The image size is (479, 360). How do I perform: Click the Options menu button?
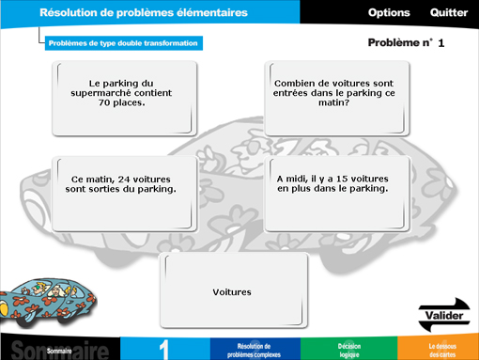[389, 13]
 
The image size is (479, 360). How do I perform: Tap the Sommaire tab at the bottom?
[59, 348]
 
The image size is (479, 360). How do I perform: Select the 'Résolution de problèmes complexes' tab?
[254, 350]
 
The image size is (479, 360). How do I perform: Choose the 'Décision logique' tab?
[348, 350]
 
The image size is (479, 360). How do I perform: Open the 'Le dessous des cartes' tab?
[442, 350]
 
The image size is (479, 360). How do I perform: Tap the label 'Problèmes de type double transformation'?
[123, 42]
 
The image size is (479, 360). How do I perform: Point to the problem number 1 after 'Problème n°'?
[441, 43]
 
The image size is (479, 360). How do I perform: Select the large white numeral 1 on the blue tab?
[164, 347]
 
